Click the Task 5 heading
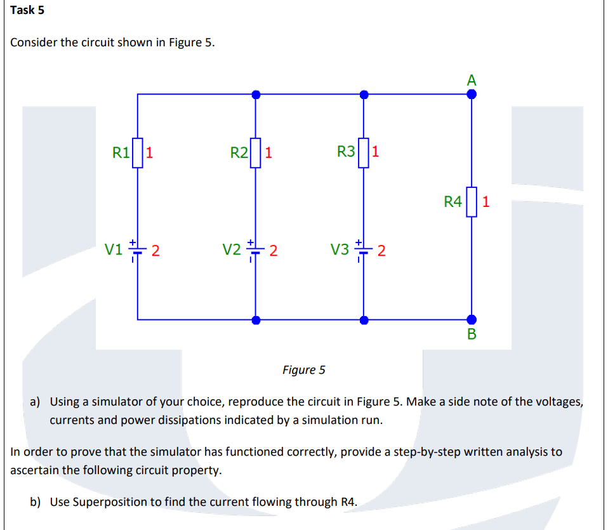pos(27,10)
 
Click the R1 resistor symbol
pos(138,153)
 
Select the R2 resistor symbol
pos(255,153)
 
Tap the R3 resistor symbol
pos(364,153)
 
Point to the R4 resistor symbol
pos(472,202)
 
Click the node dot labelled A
pos(472,94)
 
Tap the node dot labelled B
pos(472,320)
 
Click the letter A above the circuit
pos(471,80)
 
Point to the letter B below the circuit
pos(472,335)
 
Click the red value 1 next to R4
pos(486,202)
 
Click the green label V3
pos(341,249)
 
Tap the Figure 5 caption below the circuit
pos(303,369)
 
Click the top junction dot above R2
pos(255,94)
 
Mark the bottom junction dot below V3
pos(364,320)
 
